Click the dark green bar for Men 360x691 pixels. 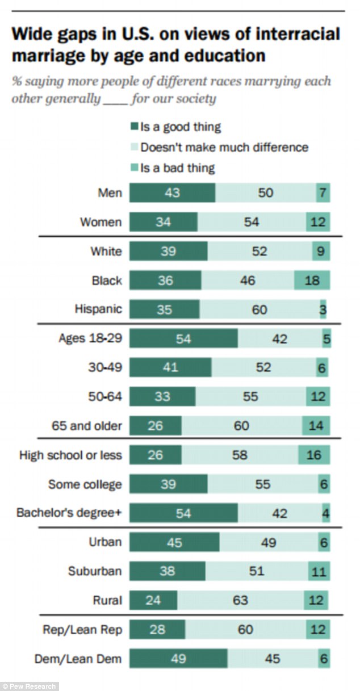coord(172,193)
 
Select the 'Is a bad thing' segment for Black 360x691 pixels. coord(312,280)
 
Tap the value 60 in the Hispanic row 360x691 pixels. coord(259,309)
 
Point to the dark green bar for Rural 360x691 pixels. coord(153,600)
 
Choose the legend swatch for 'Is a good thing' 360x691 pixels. coord(135,127)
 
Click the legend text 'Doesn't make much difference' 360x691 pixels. coord(224,147)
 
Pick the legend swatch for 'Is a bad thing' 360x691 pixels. coord(135,168)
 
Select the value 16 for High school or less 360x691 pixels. coord(313,455)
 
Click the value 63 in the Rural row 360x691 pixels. coord(240,600)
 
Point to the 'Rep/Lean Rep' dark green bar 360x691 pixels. coord(157,629)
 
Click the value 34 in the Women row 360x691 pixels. coord(163,222)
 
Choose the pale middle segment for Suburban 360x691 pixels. coord(256,571)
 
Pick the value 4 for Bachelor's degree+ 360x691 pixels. coord(325,513)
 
